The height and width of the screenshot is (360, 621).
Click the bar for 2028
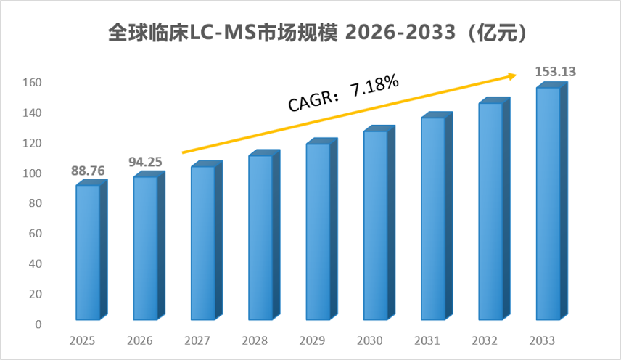pos(264,235)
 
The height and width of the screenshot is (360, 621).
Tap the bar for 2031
pos(437,216)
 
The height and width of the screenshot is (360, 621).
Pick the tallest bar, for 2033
pos(551,201)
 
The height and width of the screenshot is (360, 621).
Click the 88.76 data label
pos(88,171)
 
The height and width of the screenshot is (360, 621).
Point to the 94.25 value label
pos(145,162)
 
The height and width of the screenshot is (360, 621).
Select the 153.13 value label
pos(555,71)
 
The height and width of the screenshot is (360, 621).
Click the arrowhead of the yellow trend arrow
pos(514,75)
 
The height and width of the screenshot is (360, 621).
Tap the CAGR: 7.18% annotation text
pos(343,94)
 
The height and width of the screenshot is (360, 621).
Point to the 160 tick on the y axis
pos(32,82)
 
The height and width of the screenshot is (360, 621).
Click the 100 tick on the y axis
pos(32,173)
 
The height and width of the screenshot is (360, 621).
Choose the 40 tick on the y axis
pos(36,263)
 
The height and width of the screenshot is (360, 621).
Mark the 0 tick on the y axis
pos(38,324)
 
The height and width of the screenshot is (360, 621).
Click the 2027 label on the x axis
pos(197,340)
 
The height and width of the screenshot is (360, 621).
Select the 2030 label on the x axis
pos(369,340)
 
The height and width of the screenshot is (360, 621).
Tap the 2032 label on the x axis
pos(485,340)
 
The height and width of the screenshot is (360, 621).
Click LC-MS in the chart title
pos(223,33)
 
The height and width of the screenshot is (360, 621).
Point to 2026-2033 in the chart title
pos(400,33)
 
